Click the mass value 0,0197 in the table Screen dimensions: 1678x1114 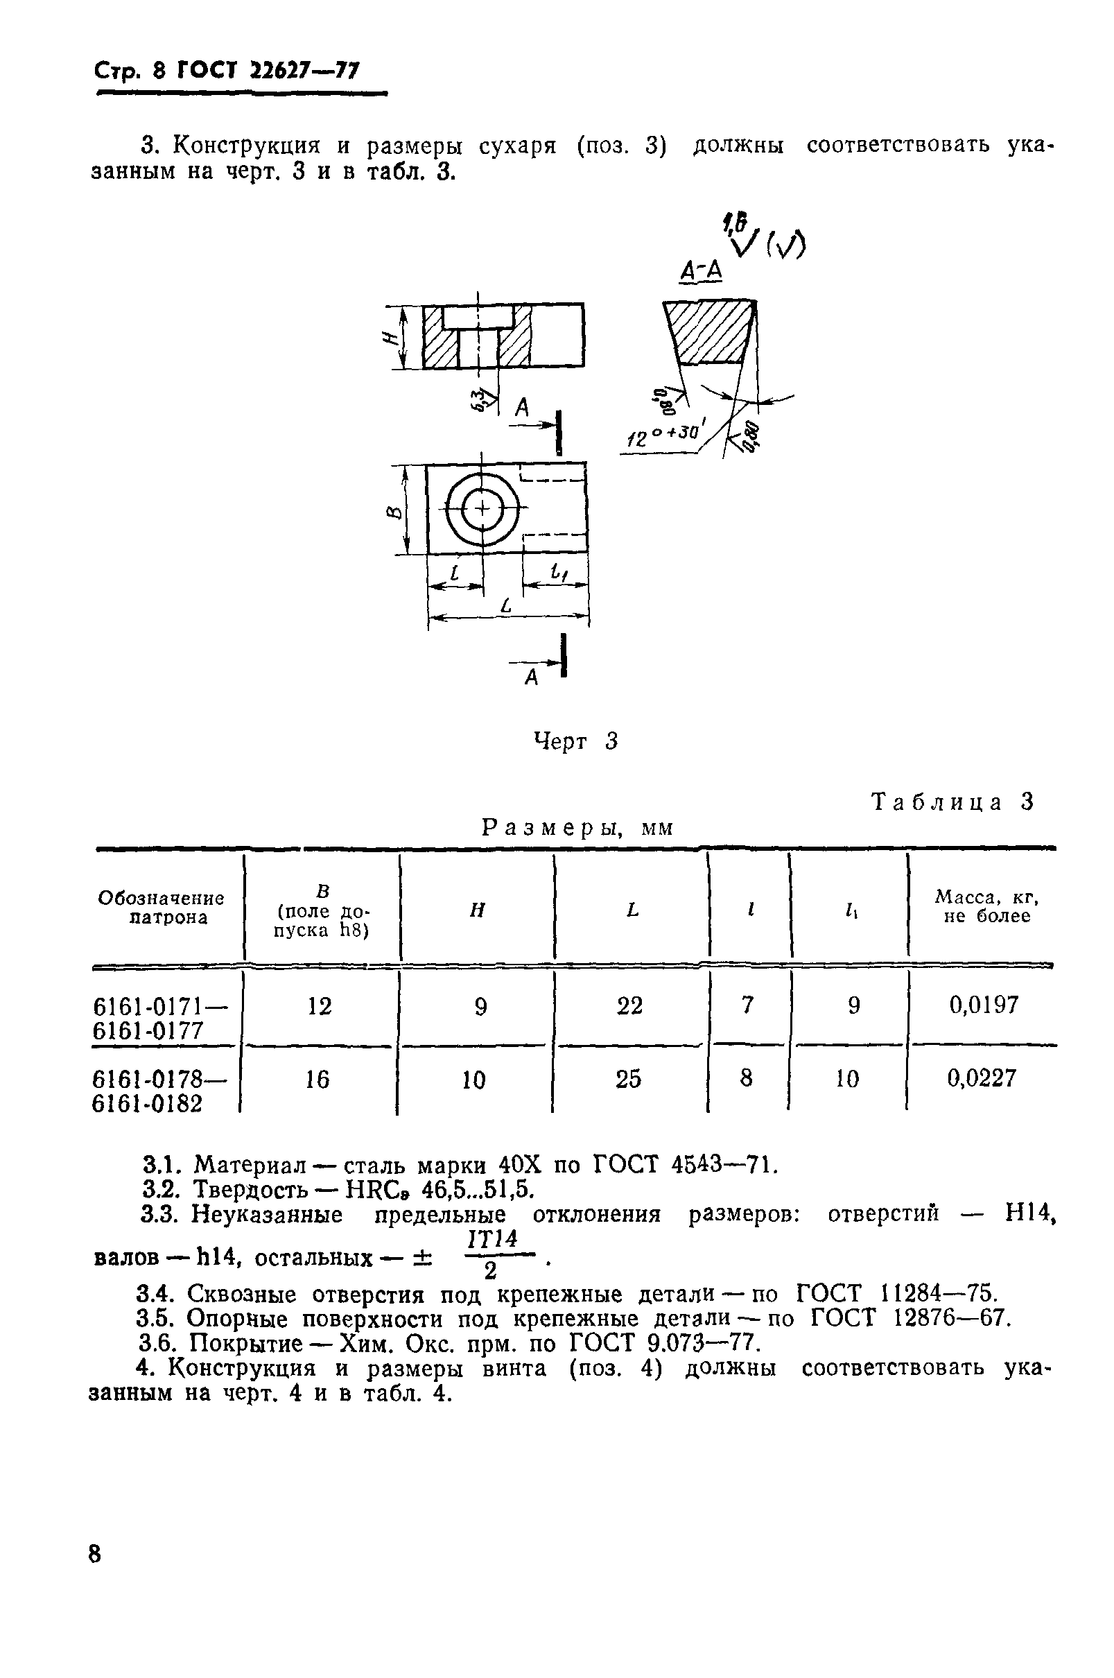[x=983, y=1005]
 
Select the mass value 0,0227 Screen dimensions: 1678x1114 [x=981, y=1078]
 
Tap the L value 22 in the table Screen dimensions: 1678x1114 [x=629, y=1006]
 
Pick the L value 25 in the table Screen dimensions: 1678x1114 [x=628, y=1079]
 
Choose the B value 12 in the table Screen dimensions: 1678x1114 [x=320, y=1006]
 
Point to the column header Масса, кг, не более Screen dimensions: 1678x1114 [x=986, y=906]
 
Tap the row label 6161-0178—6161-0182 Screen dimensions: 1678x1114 [x=159, y=1091]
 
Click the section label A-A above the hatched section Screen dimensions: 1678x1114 [x=701, y=270]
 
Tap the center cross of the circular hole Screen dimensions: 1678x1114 [x=482, y=509]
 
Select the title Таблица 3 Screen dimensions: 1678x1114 [x=952, y=802]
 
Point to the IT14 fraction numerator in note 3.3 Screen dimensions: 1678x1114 [x=492, y=1240]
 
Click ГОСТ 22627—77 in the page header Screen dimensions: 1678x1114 [x=268, y=71]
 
